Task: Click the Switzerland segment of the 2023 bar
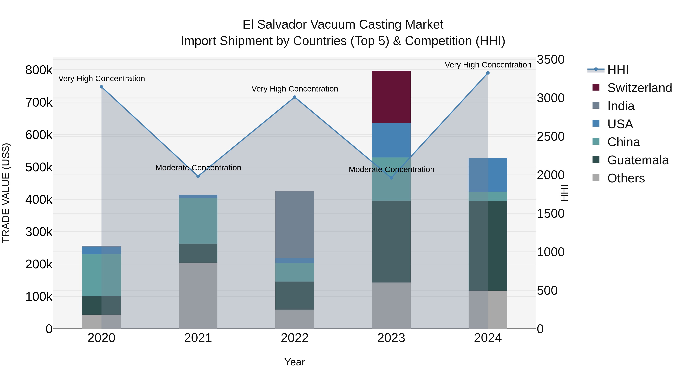(391, 97)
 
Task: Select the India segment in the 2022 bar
(295, 225)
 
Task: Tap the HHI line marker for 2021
(198, 176)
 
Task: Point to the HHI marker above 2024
(488, 73)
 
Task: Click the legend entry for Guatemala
(638, 160)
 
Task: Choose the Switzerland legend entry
(639, 88)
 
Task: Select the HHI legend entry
(618, 70)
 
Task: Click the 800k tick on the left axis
(39, 70)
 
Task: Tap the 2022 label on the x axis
(295, 338)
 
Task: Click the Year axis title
(295, 362)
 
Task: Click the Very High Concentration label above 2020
(101, 79)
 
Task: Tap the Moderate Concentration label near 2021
(198, 168)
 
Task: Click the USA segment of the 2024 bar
(488, 175)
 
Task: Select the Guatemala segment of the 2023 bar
(391, 241)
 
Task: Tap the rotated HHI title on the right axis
(564, 193)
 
